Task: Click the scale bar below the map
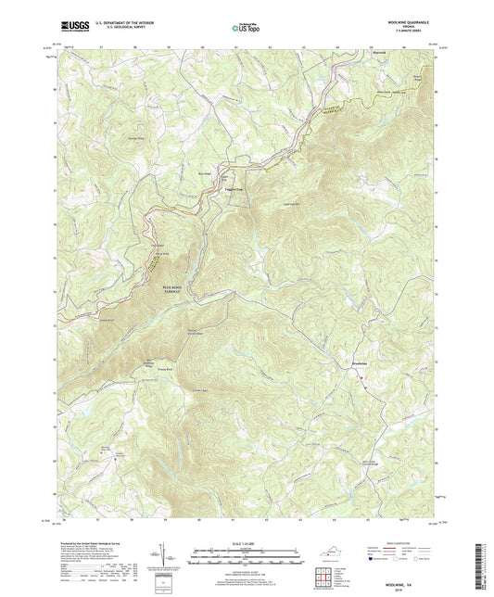pyautogui.click(x=247, y=553)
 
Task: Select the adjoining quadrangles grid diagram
pyautogui.click(x=323, y=578)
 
